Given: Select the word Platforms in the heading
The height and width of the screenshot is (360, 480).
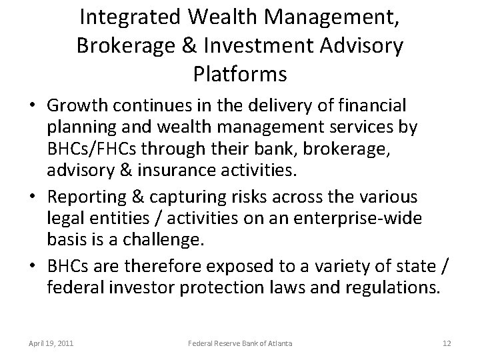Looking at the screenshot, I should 239,73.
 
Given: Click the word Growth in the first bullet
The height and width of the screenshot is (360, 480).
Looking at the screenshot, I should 76,105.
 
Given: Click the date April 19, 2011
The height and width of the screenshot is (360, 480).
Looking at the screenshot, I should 51,343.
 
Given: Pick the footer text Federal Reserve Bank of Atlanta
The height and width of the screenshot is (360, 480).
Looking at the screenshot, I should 239,343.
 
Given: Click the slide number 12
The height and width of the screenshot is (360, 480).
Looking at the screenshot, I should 446,343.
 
